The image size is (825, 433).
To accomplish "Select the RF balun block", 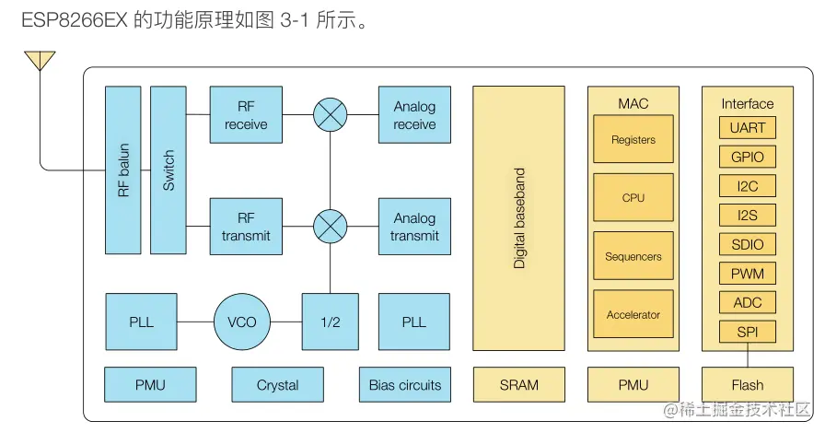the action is click(123, 170).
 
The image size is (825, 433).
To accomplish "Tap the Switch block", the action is click(168, 170).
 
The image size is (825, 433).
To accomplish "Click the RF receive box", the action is click(246, 115).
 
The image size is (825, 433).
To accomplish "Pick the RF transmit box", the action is click(246, 227).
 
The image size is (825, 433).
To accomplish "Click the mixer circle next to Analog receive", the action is click(331, 115).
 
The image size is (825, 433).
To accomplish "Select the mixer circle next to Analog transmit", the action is click(331, 227).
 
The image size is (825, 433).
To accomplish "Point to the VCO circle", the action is click(242, 322).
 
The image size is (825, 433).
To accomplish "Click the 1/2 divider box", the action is click(331, 322).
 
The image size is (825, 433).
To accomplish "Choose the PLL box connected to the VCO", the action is click(142, 322).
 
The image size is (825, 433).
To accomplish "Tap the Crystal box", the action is click(278, 385).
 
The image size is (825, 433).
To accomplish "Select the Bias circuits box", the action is click(405, 385).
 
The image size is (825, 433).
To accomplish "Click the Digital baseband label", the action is click(519, 218).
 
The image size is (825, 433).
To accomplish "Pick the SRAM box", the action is click(519, 385).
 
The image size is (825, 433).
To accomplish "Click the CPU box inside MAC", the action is click(633, 197).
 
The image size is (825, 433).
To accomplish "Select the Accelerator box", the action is click(633, 314).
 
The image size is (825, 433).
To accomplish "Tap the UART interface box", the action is click(748, 127).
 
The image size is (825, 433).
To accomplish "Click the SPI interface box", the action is click(748, 332).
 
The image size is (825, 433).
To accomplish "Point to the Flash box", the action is click(748, 385).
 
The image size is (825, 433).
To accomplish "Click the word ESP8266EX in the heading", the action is click(75, 20).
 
